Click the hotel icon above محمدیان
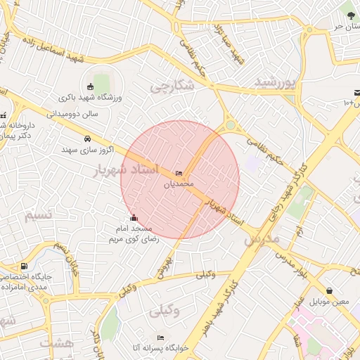[x=179, y=174]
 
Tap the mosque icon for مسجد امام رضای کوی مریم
[x=134, y=217]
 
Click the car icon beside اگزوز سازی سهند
[x=87, y=139]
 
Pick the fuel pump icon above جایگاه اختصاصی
[x=25, y=266]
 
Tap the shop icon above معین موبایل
[x=329, y=290]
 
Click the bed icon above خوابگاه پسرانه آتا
[x=160, y=337]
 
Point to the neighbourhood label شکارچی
[x=172, y=86]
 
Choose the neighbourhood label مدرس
[x=262, y=240]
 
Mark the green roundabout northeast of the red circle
[x=230, y=126]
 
